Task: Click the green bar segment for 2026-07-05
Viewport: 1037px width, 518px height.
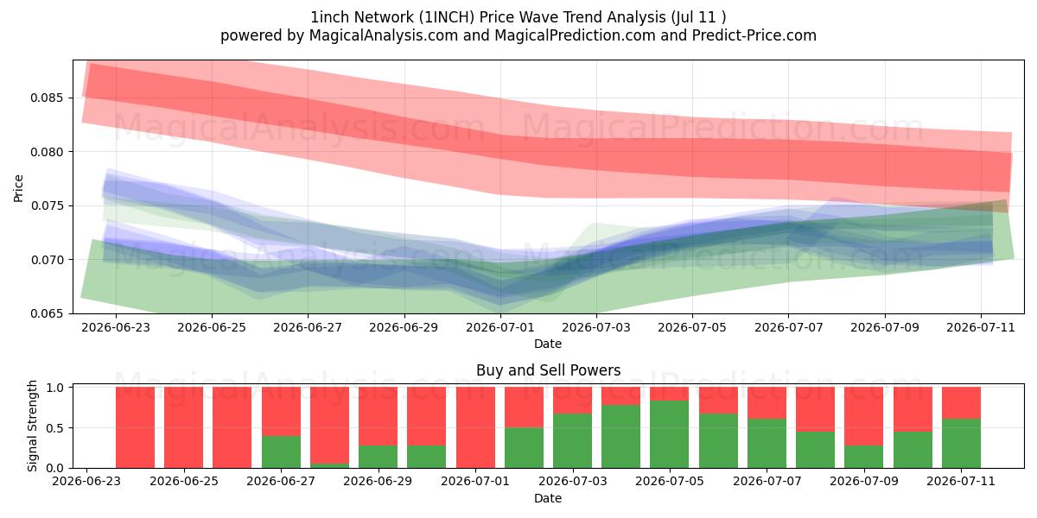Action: pos(669,434)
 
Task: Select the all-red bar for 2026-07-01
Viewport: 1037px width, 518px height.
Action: pos(475,427)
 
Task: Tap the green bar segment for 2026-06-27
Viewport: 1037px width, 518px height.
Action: pos(281,452)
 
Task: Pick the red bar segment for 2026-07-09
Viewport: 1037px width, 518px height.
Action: pos(863,416)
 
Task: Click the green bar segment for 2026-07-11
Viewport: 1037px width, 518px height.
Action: pos(961,444)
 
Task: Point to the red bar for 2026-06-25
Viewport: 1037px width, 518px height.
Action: pos(184,427)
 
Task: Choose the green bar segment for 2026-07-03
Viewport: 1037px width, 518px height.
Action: pos(572,441)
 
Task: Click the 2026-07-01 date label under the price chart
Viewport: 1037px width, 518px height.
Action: pos(500,327)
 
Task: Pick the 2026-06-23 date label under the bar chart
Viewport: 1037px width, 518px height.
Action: pos(86,481)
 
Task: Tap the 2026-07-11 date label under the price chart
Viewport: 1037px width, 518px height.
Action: pos(981,327)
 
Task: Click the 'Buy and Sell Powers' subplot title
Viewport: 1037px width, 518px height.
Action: pos(548,370)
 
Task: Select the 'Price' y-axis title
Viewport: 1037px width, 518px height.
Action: pos(18,188)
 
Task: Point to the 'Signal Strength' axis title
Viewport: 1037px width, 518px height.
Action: pos(32,426)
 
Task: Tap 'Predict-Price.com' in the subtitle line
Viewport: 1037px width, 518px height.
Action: pos(754,35)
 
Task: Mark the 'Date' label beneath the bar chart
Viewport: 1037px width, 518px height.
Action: pos(548,498)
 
